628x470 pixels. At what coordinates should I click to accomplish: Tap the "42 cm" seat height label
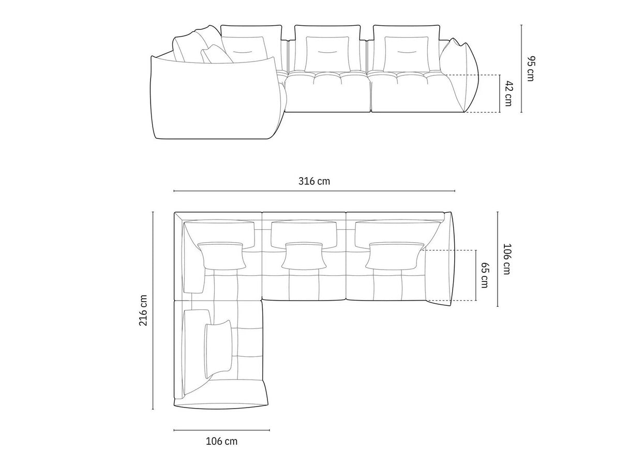(509, 93)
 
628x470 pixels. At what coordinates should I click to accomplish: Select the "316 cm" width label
(314, 181)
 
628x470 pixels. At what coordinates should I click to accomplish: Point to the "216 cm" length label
(143, 310)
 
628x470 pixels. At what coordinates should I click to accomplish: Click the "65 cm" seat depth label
(485, 275)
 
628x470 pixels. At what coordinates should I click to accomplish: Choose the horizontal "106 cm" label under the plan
(221, 441)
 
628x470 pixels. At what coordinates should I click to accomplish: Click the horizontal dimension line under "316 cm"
(314, 191)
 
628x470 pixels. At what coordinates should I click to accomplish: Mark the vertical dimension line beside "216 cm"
(153, 310)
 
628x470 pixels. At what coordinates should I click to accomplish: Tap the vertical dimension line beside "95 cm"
(521, 69)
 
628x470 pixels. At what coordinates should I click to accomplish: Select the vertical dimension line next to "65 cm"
(475, 275)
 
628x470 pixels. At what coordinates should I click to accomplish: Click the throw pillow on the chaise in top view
(217, 346)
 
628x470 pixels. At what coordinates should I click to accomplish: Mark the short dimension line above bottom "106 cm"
(221, 430)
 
